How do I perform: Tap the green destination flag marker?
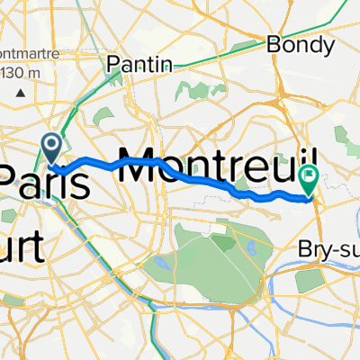click(x=308, y=179)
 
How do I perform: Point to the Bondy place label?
click(x=294, y=42)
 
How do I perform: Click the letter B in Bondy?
click(x=274, y=42)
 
